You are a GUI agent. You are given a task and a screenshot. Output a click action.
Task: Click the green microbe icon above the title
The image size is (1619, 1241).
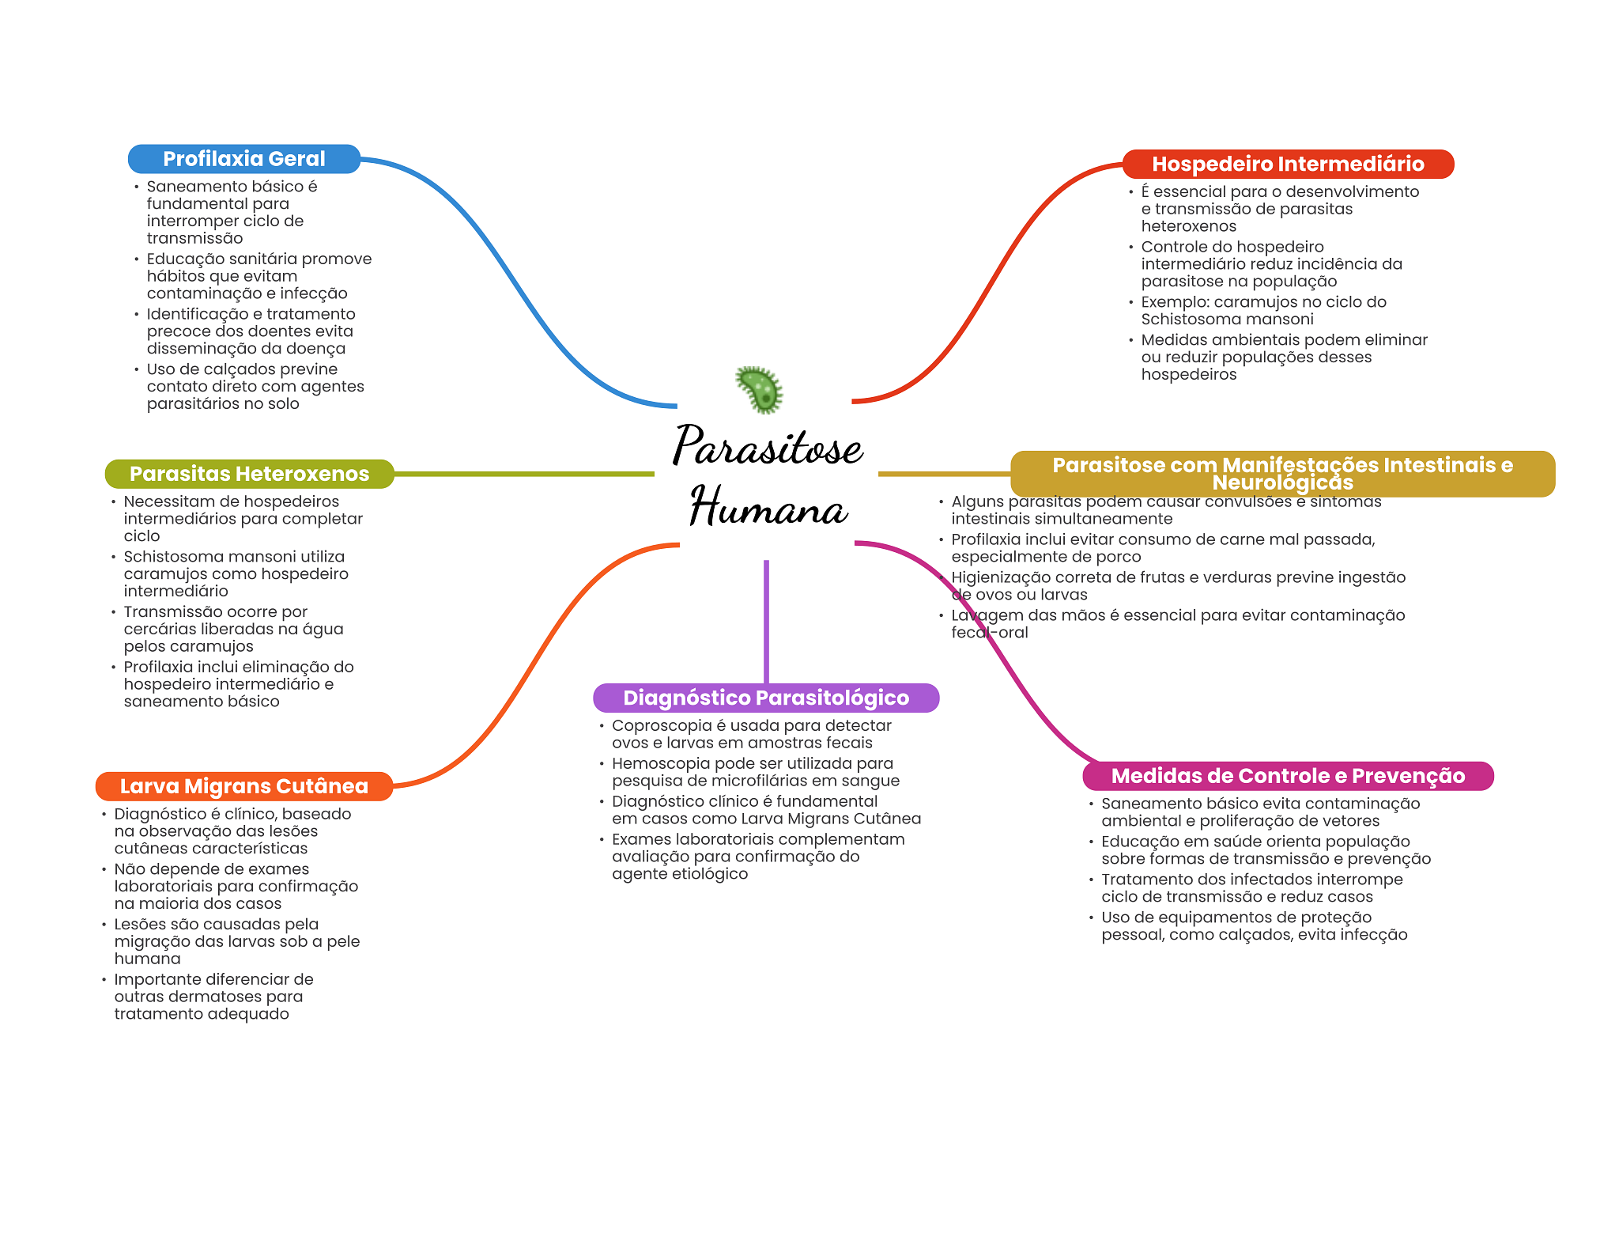point(760,389)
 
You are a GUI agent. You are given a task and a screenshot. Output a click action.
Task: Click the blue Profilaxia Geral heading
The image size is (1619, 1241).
point(243,159)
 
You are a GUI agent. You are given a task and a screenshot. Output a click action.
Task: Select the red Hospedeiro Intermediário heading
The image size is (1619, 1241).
point(1288,164)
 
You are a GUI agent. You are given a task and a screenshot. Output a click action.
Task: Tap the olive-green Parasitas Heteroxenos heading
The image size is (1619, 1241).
point(249,474)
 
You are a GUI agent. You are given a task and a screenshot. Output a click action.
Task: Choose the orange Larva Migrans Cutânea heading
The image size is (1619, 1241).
point(243,786)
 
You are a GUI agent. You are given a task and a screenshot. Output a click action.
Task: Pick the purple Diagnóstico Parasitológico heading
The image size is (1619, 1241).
point(765,698)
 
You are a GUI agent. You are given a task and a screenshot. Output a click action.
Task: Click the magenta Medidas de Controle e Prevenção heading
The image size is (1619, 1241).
point(1288,776)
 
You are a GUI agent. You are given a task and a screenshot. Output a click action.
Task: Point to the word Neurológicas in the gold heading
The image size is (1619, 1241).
point(1282,483)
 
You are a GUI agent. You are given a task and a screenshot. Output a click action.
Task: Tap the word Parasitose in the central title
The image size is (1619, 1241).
point(768,448)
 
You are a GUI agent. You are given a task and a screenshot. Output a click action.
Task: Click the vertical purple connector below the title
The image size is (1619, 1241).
point(766,621)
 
